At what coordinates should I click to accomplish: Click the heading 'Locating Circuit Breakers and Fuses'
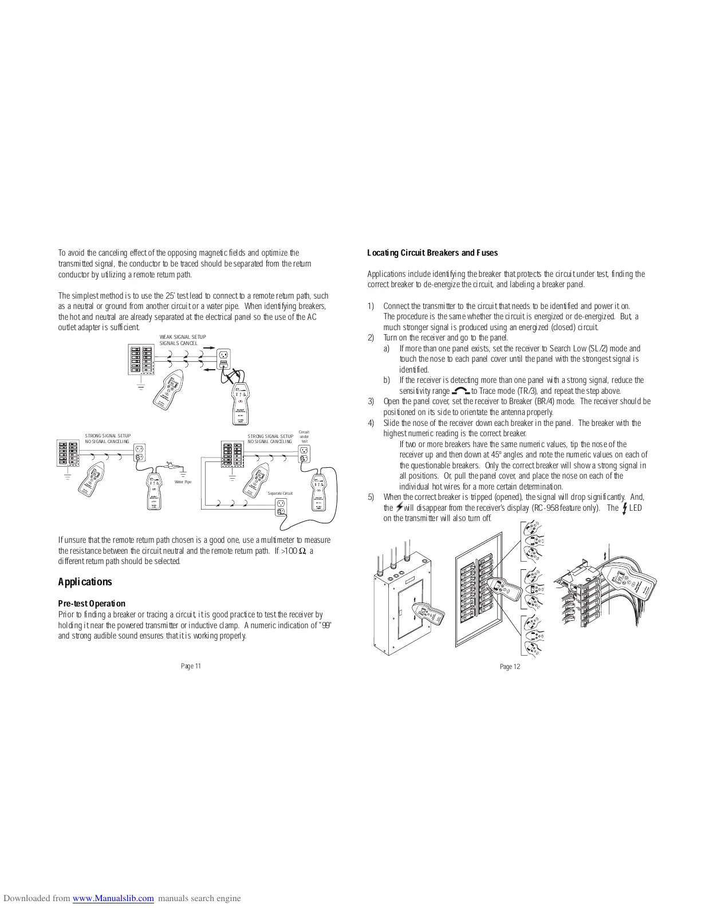click(432, 253)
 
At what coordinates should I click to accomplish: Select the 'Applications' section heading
click(85, 582)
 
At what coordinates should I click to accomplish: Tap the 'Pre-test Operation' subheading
click(92, 604)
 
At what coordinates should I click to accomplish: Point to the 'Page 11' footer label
click(191, 666)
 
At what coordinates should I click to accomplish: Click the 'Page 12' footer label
click(510, 666)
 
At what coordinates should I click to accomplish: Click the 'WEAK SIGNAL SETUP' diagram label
click(183, 337)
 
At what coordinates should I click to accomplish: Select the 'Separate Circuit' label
click(280, 494)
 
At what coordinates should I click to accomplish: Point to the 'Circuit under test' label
click(304, 436)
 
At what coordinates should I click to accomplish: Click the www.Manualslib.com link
click(113, 898)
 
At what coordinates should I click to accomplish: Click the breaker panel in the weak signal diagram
click(141, 361)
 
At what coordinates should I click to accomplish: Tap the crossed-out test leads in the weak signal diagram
click(231, 377)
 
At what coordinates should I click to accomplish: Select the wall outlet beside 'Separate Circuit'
click(281, 507)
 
